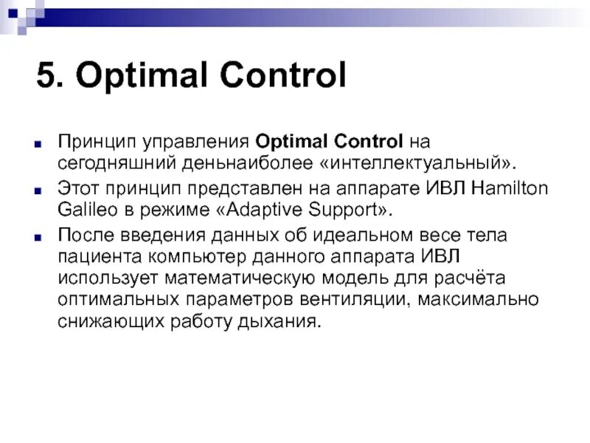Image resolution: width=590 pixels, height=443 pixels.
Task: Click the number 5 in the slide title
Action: point(46,77)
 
